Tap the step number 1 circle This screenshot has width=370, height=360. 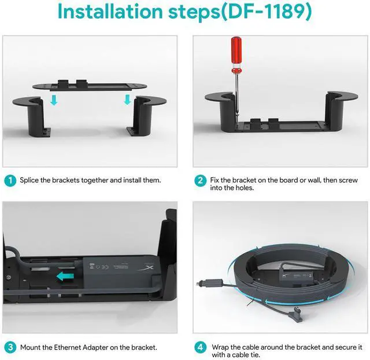(10, 181)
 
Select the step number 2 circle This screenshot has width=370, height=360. (200, 181)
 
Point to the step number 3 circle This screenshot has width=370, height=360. (10, 347)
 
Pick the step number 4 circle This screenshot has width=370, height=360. (200, 347)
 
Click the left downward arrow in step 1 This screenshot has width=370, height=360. (54, 100)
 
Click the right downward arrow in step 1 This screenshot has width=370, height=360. (127, 100)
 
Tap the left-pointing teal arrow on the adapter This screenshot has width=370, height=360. (65, 276)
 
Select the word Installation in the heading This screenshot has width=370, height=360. (110, 12)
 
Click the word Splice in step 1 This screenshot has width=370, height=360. (29, 181)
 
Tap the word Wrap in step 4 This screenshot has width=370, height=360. (220, 347)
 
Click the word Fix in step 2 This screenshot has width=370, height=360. (214, 180)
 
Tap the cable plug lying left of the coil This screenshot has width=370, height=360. (209, 282)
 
